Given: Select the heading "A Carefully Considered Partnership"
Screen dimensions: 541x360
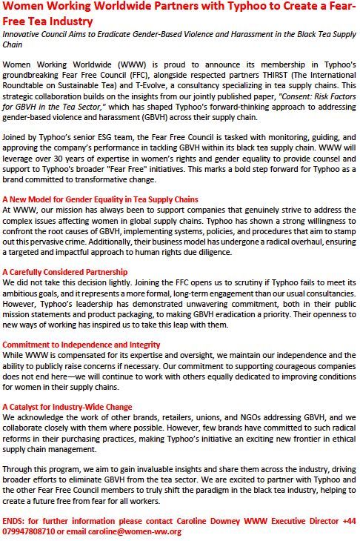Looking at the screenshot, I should coord(65,272).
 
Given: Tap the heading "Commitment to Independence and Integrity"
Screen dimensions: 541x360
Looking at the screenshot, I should coord(81,345).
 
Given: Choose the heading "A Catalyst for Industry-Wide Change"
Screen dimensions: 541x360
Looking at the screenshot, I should coord(67,407).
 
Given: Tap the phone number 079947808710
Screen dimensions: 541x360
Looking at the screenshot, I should coord(29,531).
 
